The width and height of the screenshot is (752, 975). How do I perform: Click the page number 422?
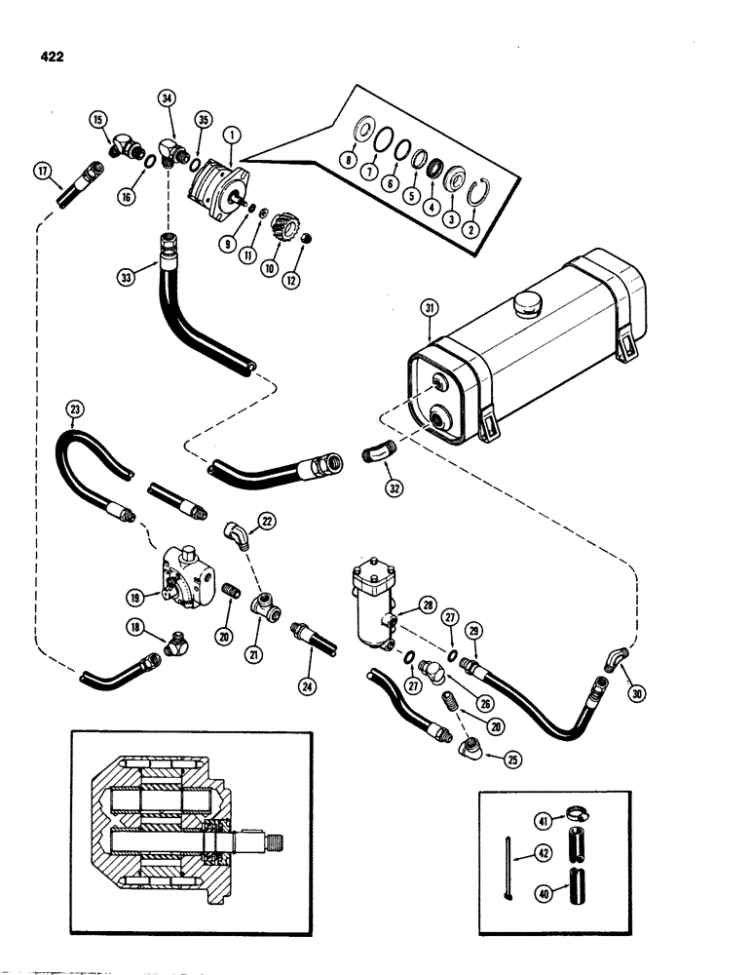(x=47, y=58)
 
